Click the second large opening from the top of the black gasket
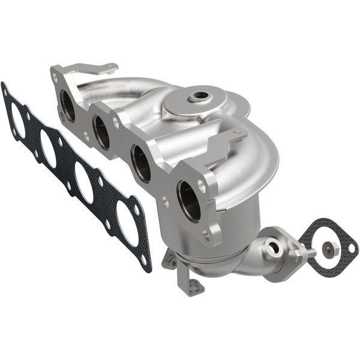tap(49, 149)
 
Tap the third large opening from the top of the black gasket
tap(83, 184)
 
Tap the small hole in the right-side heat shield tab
tap(236, 133)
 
